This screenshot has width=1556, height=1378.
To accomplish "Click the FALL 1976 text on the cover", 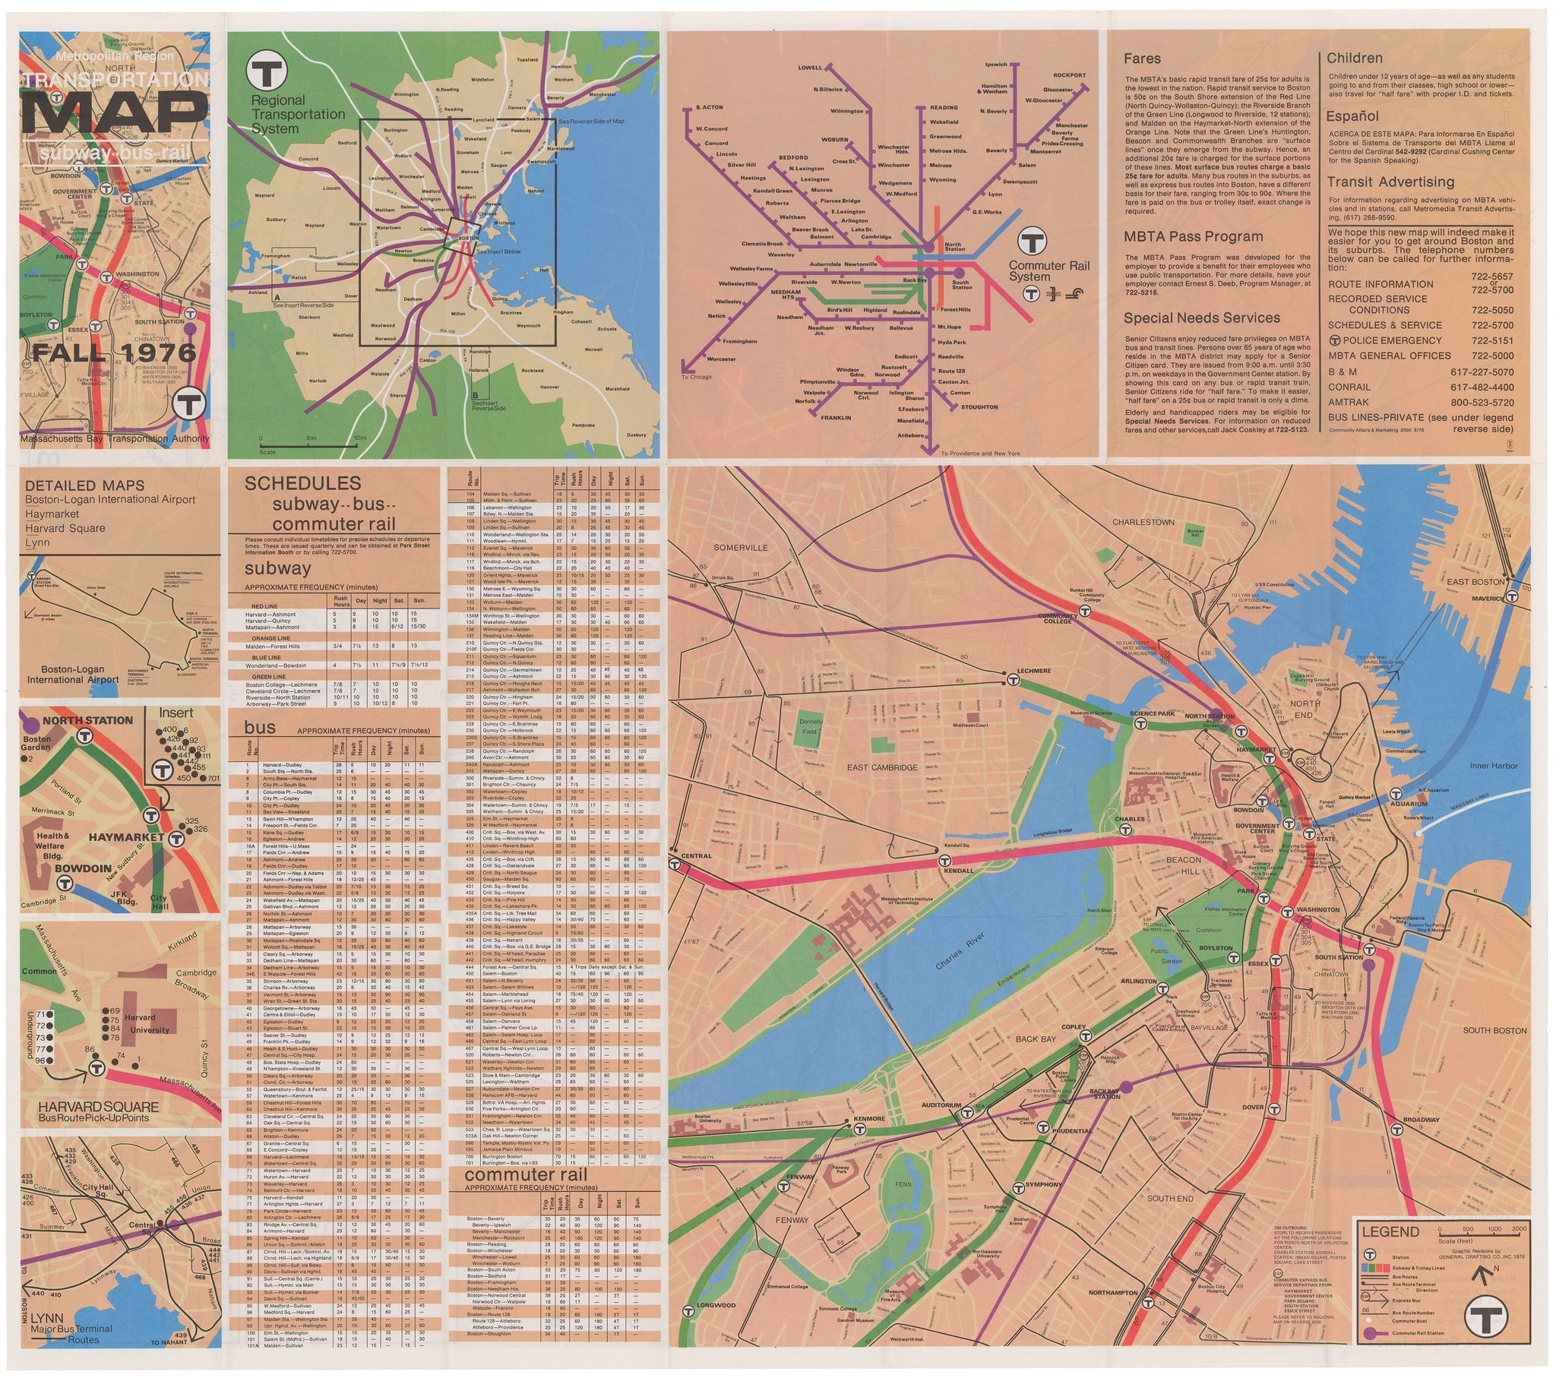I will pos(114,352).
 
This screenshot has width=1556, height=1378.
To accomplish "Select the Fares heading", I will pos(1142,58).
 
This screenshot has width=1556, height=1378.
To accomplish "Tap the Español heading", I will pos(1352,116).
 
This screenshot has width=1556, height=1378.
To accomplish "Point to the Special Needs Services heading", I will pos(1201,318).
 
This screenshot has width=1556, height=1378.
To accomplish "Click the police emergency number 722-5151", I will pos(1492,341).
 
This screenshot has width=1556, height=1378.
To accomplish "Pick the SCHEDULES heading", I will pos(302,483).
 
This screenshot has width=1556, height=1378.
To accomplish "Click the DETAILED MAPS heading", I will pos(84,485).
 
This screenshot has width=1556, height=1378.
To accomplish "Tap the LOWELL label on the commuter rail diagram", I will pos(810,68).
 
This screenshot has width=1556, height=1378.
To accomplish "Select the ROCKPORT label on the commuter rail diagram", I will pos(1070,75).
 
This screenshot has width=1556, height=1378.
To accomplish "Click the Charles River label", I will pos(960,952).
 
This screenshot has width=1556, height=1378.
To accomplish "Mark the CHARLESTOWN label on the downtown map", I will pos(1143,523).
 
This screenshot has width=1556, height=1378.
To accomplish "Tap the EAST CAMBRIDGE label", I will pos(882,767).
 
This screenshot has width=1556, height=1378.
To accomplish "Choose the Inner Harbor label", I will pos(1494,766).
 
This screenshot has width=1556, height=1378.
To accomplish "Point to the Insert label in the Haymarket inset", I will pos(176,713).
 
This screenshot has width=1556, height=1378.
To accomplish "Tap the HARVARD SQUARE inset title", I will pos(99,1107).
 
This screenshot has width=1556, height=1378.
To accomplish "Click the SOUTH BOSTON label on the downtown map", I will pos(1494,1031).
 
